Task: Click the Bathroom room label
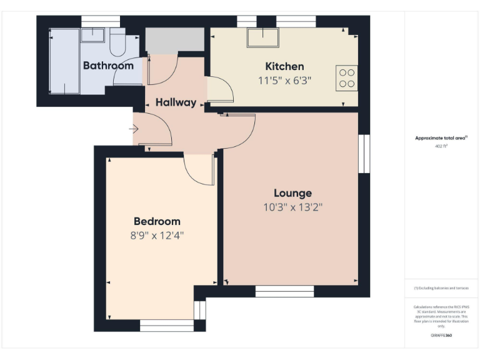tap(108, 65)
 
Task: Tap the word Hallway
tap(176, 102)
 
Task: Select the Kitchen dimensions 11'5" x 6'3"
tap(284, 80)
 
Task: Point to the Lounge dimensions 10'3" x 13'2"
tap(292, 207)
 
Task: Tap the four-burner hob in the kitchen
tap(346, 77)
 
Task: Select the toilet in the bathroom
tap(117, 41)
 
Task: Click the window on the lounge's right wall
tap(364, 153)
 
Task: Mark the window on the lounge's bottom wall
tap(284, 291)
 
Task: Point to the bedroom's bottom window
tap(166, 326)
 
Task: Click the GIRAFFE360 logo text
tap(441, 336)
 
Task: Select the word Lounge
tap(292, 193)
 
